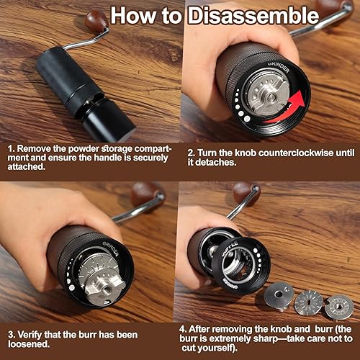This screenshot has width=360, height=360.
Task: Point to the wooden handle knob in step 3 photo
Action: pyautogui.click(x=147, y=194)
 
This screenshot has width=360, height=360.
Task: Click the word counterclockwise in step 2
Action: pyautogui.click(x=278, y=153)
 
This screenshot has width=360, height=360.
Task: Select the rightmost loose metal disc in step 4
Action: pyautogui.click(x=338, y=307)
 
